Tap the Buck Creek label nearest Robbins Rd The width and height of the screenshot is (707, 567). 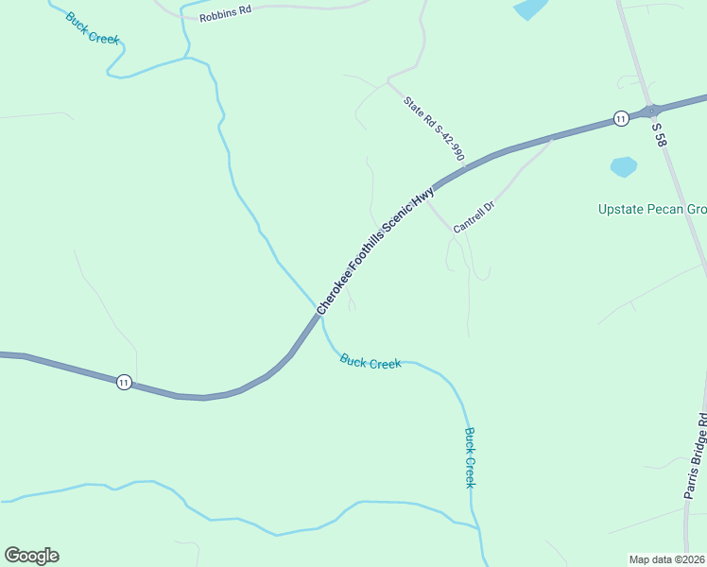[x=92, y=29]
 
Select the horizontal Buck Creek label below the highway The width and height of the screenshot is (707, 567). [x=371, y=361]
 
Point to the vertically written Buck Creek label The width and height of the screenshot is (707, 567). [x=470, y=457]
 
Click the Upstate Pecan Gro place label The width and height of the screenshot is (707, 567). [x=652, y=209]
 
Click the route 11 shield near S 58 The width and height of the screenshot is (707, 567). [x=620, y=118]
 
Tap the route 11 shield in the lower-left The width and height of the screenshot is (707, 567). [x=124, y=382]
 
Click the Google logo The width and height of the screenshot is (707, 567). [x=31, y=556]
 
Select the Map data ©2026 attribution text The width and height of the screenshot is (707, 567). [x=666, y=559]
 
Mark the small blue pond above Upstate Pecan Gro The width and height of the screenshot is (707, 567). [x=623, y=167]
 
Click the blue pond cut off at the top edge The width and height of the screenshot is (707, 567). [x=530, y=9]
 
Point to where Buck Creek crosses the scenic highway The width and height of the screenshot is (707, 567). [x=319, y=312]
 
